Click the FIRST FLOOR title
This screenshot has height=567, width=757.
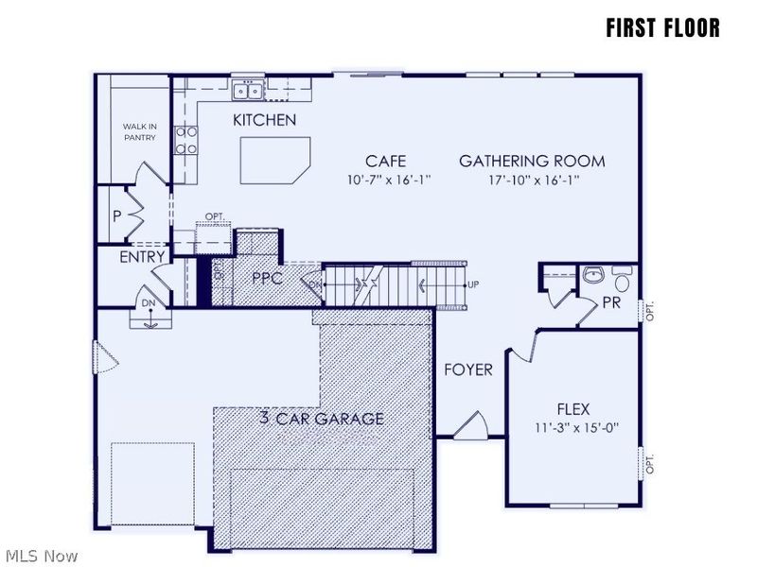[662, 28]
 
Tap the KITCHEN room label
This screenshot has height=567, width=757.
[265, 120]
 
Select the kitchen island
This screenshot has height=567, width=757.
[274, 160]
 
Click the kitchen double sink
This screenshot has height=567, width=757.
[248, 91]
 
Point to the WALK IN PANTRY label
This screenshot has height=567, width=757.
[139, 131]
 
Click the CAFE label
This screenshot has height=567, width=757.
[385, 161]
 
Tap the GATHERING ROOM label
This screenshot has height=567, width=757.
[532, 161]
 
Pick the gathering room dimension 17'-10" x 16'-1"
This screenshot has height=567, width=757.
[533, 179]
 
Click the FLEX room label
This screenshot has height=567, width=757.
[572, 409]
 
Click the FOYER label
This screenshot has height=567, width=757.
[468, 369]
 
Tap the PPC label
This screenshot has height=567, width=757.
[269, 279]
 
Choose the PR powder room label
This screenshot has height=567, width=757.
[612, 303]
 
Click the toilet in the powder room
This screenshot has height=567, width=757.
[622, 281]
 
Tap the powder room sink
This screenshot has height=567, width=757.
[593, 276]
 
